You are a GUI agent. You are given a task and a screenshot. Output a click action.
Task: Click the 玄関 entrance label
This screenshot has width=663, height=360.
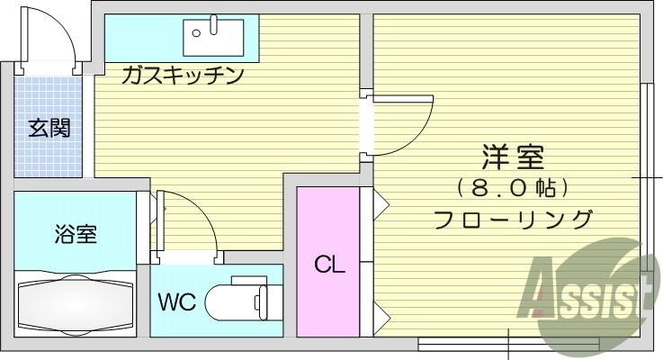(49, 128)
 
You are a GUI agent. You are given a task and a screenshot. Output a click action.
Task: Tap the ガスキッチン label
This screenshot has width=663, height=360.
(184, 76)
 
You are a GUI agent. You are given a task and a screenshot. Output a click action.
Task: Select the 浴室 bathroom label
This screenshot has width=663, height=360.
(76, 235)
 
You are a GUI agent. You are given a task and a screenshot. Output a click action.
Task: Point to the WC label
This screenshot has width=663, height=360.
(177, 301)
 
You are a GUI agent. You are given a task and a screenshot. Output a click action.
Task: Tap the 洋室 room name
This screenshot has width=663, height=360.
(514, 159)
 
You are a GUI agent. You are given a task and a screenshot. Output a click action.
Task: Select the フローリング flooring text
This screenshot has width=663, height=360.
(514, 219)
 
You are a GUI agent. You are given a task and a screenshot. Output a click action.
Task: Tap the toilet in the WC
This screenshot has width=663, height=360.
(236, 301)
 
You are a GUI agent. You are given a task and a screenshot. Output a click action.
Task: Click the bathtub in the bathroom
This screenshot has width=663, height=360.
(76, 302)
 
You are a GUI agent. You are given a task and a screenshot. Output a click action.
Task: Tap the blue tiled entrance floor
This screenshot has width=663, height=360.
(49, 153)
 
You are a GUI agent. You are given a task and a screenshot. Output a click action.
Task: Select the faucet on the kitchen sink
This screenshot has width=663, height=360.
(214, 23)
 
